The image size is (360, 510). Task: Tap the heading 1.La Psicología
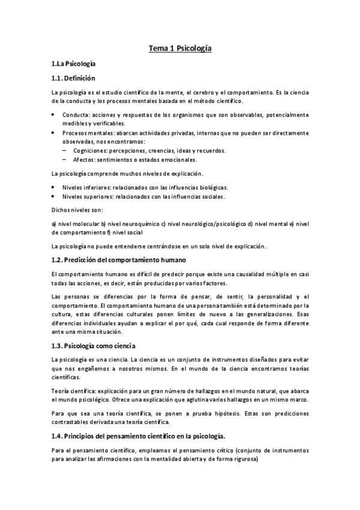tap(73, 63)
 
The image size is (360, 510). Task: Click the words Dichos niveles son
tap(78, 210)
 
